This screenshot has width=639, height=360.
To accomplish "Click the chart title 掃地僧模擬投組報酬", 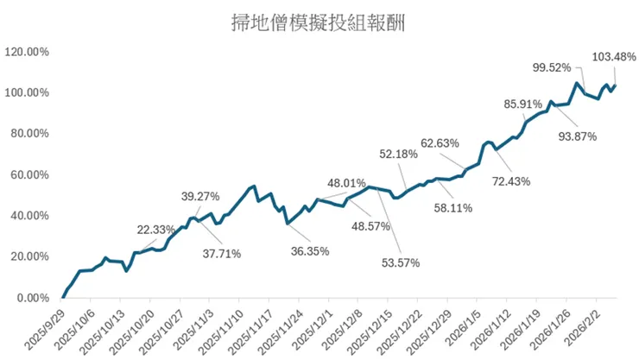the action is tap(319, 22).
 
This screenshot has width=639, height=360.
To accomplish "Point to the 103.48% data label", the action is tap(614, 57).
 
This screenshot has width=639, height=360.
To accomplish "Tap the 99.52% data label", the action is tap(552, 67).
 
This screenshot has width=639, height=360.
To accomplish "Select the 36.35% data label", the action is tap(310, 251).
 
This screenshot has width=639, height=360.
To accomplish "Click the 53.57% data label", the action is tap(401, 263).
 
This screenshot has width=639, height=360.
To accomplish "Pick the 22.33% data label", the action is tap(156, 230).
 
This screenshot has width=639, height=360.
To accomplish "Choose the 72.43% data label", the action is tap(511, 181).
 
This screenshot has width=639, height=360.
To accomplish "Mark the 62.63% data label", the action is tap(440, 143).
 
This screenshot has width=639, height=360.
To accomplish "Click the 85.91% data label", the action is tap(522, 104).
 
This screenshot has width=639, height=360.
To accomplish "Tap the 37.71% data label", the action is tap(222, 254).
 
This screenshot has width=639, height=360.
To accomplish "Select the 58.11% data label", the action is tap(453, 208).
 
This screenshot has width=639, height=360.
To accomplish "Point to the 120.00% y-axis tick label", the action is tap(27, 52).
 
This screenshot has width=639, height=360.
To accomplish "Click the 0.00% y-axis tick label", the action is tap(33, 298).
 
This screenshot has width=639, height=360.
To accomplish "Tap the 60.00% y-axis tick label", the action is tap(29, 175).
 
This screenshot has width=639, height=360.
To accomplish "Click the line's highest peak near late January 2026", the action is tap(576, 84).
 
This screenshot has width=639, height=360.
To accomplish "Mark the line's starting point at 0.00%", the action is tap(63, 297).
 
